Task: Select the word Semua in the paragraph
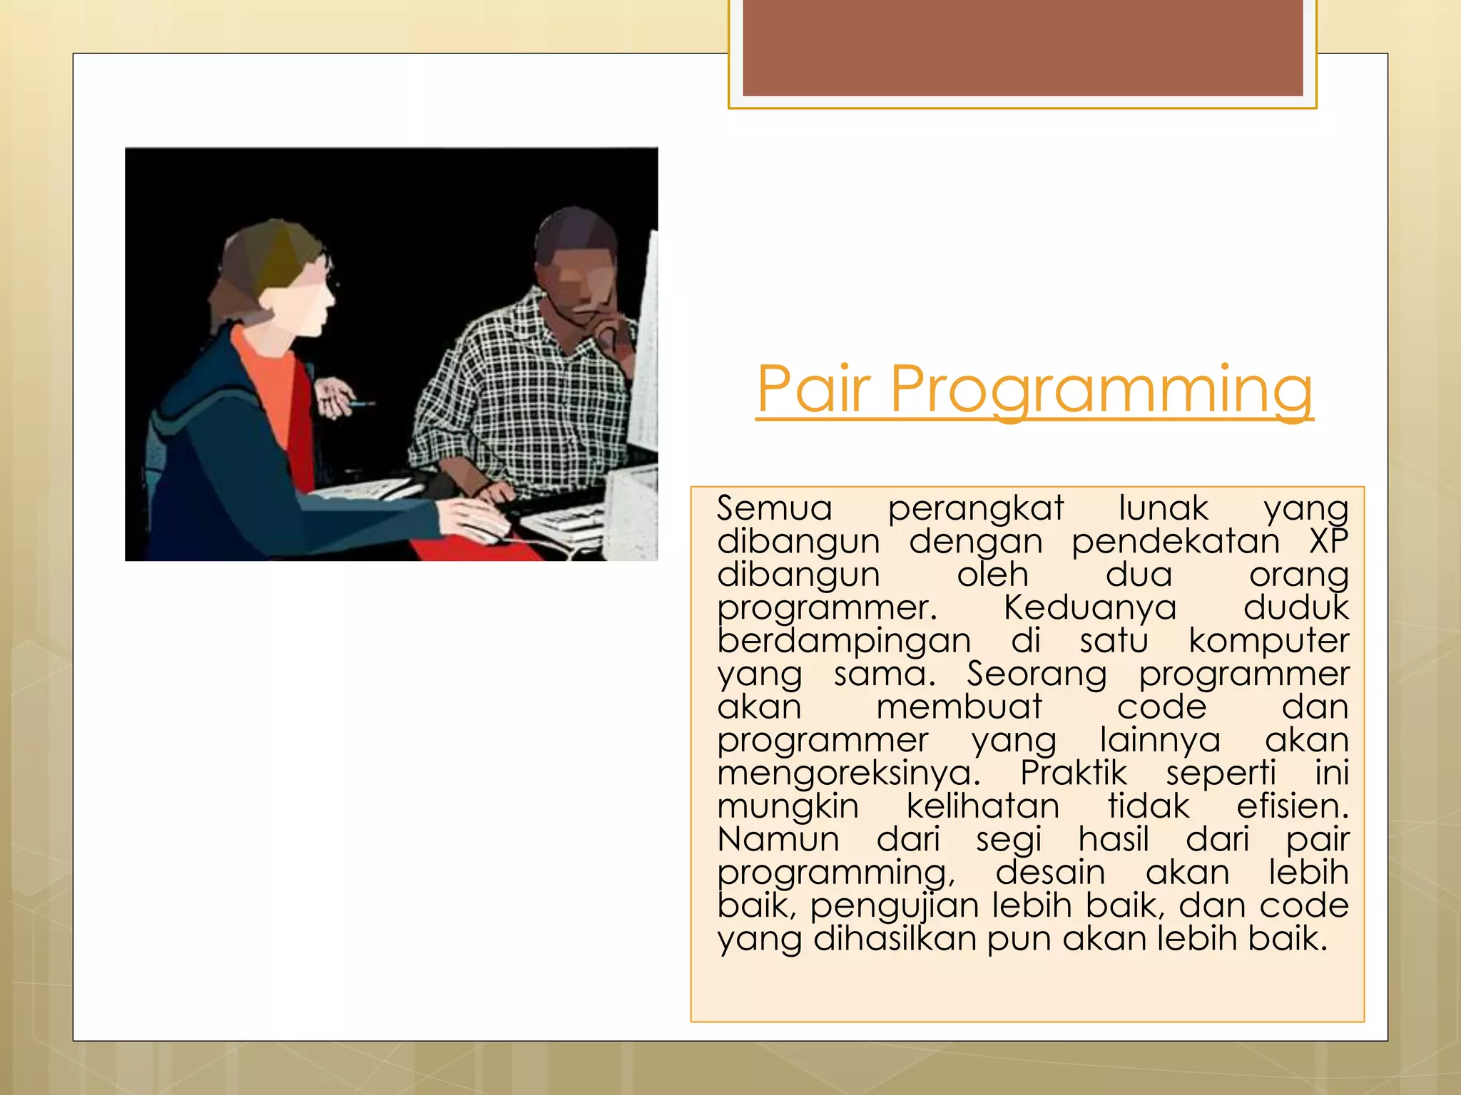tap(775, 508)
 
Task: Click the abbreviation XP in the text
tap(1328, 541)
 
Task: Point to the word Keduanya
tap(1089, 607)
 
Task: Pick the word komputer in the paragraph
tap(1268, 640)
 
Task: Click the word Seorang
tap(1036, 674)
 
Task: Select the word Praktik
tap(1073, 773)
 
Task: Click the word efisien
tap(1292, 806)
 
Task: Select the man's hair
tap(574, 228)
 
